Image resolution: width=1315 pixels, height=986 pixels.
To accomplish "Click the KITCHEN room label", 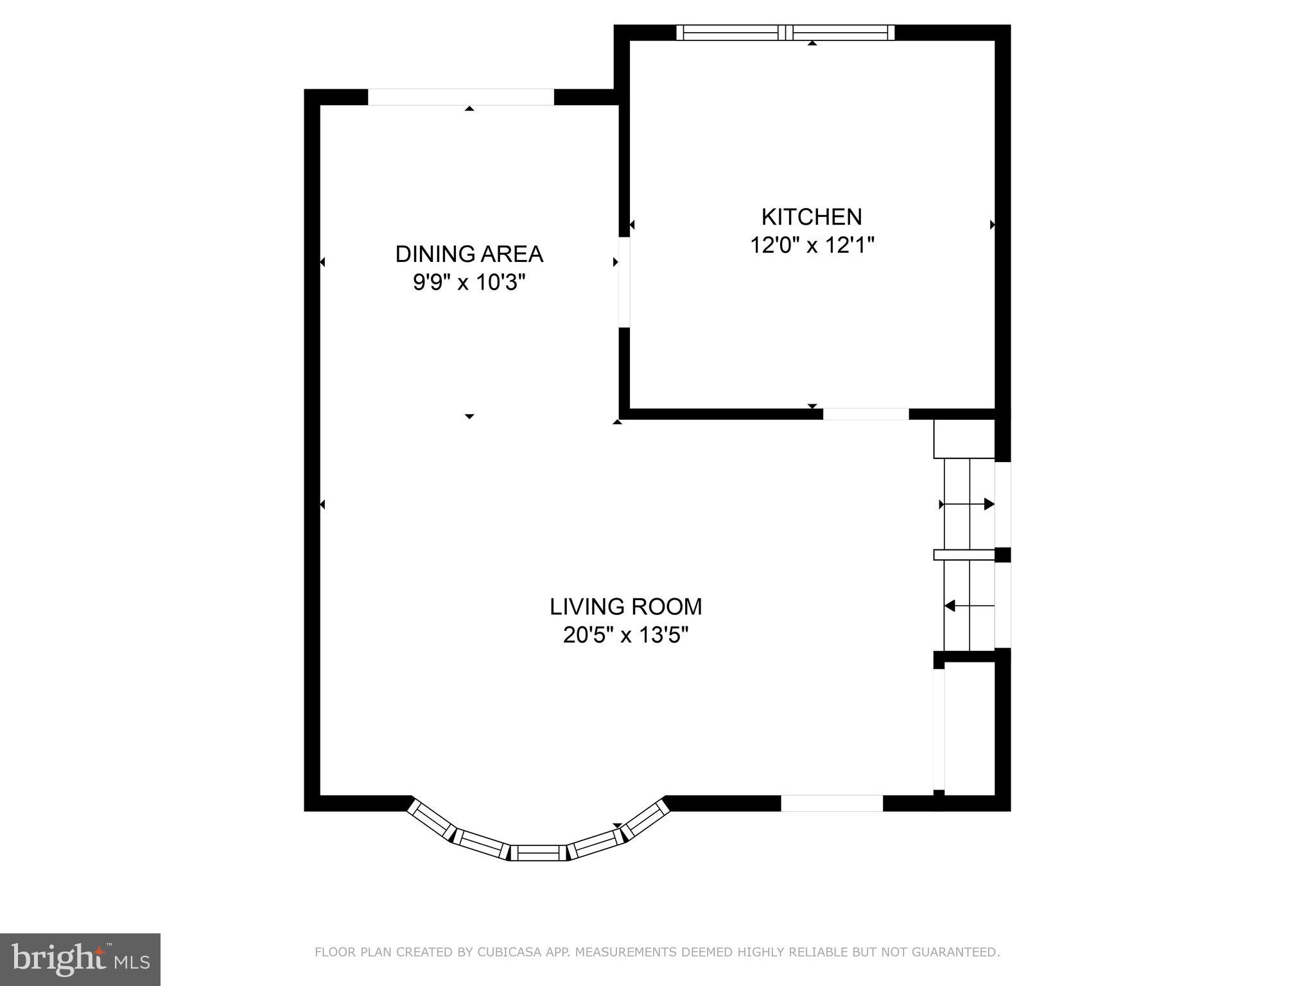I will [x=812, y=217].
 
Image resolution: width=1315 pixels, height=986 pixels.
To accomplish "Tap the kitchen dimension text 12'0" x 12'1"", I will [x=812, y=245].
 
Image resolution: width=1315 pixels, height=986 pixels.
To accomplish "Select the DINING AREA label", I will [x=469, y=254].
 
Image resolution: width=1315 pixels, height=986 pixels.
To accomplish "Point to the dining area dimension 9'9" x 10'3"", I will [x=469, y=282].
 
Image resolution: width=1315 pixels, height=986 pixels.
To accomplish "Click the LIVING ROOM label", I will [x=625, y=607].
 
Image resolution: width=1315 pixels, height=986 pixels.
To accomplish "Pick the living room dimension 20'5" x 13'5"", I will [x=625, y=636].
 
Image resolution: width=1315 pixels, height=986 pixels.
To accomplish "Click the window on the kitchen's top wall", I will [x=785, y=33].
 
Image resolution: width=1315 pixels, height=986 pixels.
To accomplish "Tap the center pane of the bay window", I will [x=539, y=853].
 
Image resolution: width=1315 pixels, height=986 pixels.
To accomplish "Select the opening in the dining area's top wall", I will [x=460, y=97].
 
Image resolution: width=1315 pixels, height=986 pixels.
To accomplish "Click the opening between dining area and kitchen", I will [x=624, y=282].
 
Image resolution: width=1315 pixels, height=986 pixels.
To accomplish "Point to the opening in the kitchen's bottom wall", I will [x=866, y=414].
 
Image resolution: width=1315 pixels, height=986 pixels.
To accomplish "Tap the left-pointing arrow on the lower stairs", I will [x=950, y=605].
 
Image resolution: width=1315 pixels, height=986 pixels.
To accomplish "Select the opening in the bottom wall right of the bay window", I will [x=832, y=803].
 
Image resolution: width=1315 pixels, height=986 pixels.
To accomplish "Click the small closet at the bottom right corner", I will [x=970, y=729].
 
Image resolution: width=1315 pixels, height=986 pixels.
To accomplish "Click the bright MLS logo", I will [x=80, y=959].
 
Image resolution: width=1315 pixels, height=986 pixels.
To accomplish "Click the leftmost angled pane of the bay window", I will [x=432, y=820].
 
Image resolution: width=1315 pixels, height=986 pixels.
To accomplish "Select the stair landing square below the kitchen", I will [x=963, y=439].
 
